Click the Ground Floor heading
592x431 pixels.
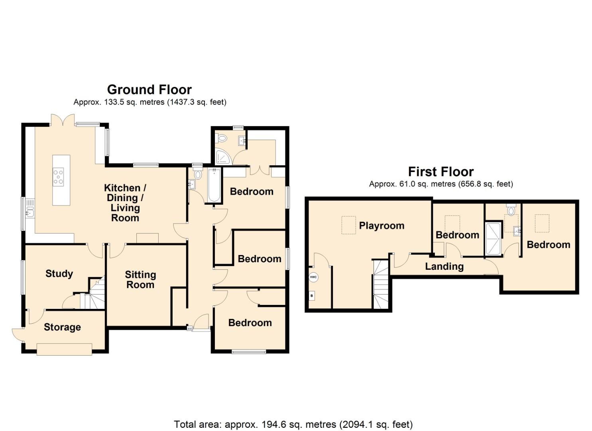point(149,89)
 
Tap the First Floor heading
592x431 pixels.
point(441,172)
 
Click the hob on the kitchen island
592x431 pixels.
point(59,176)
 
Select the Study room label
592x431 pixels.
point(59,274)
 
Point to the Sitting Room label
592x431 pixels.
point(140,279)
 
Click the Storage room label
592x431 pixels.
point(62,327)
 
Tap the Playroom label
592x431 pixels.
point(382,226)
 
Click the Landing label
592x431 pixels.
point(444,267)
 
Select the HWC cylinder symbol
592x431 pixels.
point(313,277)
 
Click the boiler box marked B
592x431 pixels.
point(312,296)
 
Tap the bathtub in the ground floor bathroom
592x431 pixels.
point(214,185)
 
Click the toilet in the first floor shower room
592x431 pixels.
point(511,210)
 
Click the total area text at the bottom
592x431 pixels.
point(293,424)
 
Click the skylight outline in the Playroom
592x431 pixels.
point(348,225)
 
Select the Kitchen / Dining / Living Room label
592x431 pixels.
point(125,203)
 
